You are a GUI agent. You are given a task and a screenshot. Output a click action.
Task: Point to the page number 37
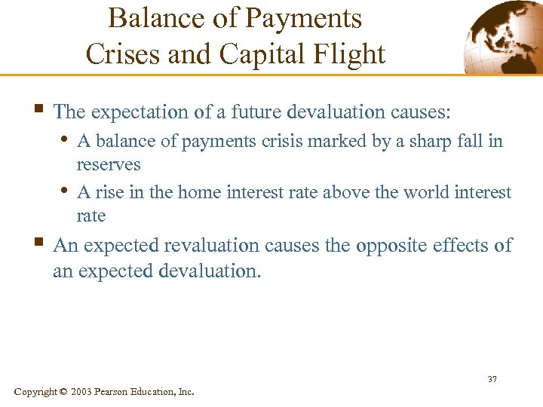492,378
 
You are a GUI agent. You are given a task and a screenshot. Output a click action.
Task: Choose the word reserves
109,164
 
